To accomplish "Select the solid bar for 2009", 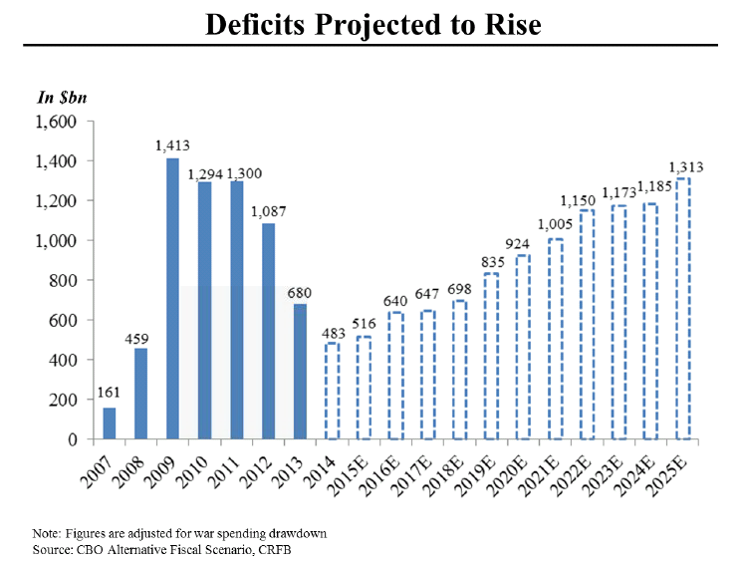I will tap(172, 298).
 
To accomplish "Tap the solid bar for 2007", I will tap(109, 422).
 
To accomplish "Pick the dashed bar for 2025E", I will tap(682, 309).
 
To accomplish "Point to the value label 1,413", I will tap(172, 145).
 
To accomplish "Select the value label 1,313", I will tap(683, 166).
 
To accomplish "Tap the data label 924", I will tap(523, 243).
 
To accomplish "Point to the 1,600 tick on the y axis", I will tap(56, 122).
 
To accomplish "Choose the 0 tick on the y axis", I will tap(73, 439).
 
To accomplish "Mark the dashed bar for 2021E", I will tap(555, 339).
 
